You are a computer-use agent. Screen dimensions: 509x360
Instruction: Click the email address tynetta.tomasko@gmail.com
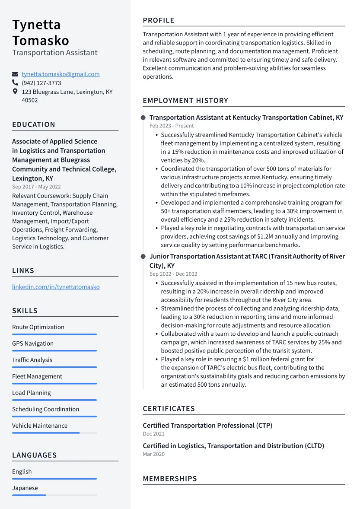pos(61,74)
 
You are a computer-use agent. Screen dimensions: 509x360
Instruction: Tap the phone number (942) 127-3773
pos(41,83)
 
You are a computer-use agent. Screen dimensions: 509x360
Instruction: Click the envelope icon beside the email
pos(15,74)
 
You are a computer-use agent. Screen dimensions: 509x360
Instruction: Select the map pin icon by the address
pos(15,92)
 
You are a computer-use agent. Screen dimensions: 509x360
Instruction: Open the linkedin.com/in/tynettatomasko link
pos(56,287)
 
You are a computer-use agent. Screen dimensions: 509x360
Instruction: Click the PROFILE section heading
pos(159,20)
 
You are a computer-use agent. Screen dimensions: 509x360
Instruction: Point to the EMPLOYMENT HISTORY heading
pos(185,101)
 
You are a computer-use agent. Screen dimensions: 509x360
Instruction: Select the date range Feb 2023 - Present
pos(172,126)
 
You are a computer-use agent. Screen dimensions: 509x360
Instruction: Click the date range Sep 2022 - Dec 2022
pos(173,274)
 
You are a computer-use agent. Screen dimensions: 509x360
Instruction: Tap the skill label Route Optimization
pos(38,327)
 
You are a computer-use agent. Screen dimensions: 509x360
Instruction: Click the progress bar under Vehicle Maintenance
pos(54,433)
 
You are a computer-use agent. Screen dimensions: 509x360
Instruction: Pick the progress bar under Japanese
pos(54,495)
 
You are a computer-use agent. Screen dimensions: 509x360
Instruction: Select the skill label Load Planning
pos(32,393)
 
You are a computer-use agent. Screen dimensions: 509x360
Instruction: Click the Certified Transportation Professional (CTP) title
pos(207,426)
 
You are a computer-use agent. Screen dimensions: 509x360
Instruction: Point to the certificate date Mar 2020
pos(154,454)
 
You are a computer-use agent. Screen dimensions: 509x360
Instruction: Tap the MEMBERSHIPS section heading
pos(170,479)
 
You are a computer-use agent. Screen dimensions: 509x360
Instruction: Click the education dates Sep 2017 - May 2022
pos(36,187)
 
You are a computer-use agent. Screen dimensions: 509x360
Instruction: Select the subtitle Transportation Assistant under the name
pos(55,53)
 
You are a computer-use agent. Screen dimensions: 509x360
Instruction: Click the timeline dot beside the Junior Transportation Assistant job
pos(143,256)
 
